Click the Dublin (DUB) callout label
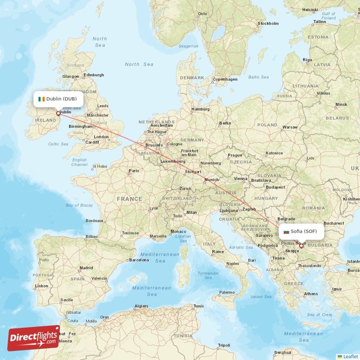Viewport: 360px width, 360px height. click(58, 99)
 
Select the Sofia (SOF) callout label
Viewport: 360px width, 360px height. click(301, 231)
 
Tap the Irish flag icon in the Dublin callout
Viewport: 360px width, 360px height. click(41, 99)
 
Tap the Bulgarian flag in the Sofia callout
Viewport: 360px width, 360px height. click(286, 231)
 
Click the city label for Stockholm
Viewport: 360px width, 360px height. click(268, 23)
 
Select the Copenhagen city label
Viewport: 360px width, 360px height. click(225, 79)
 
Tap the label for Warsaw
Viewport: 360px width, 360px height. click(291, 127)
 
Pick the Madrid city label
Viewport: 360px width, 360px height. click(86, 268)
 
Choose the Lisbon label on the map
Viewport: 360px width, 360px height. click(41, 286)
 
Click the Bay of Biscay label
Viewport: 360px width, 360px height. click(79, 205)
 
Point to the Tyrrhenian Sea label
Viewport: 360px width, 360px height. click(208, 275)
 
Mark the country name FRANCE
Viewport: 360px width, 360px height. click(130, 198)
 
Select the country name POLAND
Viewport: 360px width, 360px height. click(267, 125)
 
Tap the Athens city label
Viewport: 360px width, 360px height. click(311, 294)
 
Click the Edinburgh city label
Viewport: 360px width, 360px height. click(94, 75)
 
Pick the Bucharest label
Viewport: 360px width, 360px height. click(333, 223)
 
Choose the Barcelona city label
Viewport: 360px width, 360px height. click(139, 260)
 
